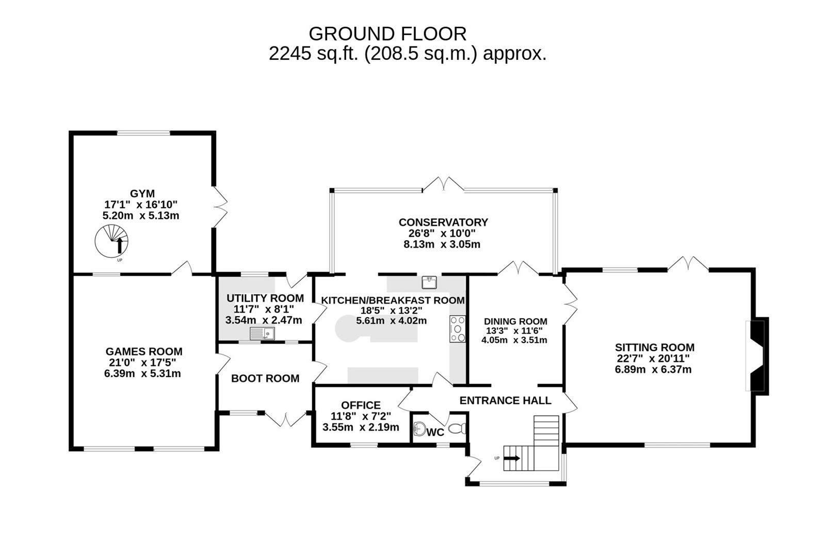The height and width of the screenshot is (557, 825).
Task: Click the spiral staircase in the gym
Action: [x=111, y=241]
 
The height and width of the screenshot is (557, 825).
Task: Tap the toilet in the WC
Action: [x=458, y=429]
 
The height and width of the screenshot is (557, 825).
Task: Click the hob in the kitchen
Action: [x=457, y=329]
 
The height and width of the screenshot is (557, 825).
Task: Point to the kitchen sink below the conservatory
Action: [x=429, y=282]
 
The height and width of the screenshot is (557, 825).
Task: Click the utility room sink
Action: [x=262, y=334]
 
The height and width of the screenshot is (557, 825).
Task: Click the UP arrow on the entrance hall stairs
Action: [x=512, y=458]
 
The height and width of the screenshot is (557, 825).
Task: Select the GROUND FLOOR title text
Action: [x=387, y=34]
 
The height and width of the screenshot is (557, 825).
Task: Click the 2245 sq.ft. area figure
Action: [x=313, y=54]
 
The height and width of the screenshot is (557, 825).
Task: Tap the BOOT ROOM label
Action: [x=265, y=379]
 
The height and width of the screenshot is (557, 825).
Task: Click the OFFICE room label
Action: [x=361, y=405]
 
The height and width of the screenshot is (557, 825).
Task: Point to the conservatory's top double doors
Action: [x=443, y=185]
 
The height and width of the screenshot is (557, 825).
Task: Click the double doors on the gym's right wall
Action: [x=220, y=206]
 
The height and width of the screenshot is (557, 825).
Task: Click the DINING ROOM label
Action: [x=515, y=321]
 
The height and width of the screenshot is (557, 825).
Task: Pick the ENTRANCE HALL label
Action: [x=505, y=400]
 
